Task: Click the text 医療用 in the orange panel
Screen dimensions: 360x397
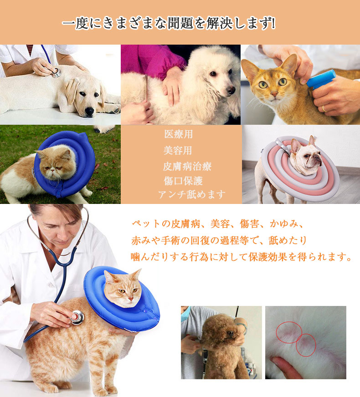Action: pyautogui.click(x=178, y=134)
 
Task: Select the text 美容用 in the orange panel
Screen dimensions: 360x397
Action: pyautogui.click(x=178, y=150)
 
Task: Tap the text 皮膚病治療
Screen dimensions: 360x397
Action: pyautogui.click(x=187, y=166)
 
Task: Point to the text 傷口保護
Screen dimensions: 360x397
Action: pyautogui.click(x=183, y=181)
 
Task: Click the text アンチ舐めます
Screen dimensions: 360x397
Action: pyautogui.click(x=192, y=194)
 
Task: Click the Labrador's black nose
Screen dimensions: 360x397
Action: pyautogui.click(x=89, y=112)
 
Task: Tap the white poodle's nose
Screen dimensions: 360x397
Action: pyautogui.click(x=231, y=90)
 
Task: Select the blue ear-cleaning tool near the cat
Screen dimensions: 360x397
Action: pyautogui.click(x=321, y=80)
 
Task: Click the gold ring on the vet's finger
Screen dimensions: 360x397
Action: pyautogui.click(x=324, y=108)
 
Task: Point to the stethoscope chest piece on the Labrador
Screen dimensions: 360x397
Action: pyautogui.click(x=57, y=73)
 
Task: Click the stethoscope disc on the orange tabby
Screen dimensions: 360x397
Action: pyautogui.click(x=77, y=317)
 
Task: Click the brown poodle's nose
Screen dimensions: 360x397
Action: pyautogui.click(x=230, y=333)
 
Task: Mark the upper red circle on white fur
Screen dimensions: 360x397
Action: pyautogui.click(x=289, y=332)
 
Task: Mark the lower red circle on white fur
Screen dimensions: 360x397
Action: pyautogui.click(x=306, y=345)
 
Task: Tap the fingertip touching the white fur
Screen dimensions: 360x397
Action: pyautogui.click(x=275, y=361)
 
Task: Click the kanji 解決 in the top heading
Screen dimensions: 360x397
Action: pyautogui.click(x=219, y=24)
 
